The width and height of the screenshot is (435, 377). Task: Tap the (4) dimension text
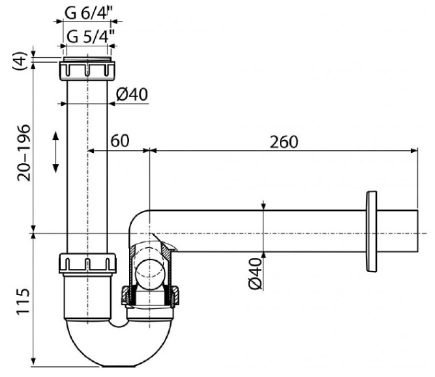click(x=20, y=61)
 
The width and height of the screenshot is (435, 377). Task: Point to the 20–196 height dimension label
click(x=23, y=153)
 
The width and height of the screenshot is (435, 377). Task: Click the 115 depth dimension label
click(x=22, y=302)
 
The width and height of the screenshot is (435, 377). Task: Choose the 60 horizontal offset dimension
click(x=120, y=141)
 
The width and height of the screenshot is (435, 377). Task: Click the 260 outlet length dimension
click(x=283, y=142)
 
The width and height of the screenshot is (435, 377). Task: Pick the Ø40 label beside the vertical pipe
click(x=132, y=94)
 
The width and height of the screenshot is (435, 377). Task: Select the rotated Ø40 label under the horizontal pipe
click(x=255, y=274)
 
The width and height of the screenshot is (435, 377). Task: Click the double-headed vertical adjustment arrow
click(x=56, y=152)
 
